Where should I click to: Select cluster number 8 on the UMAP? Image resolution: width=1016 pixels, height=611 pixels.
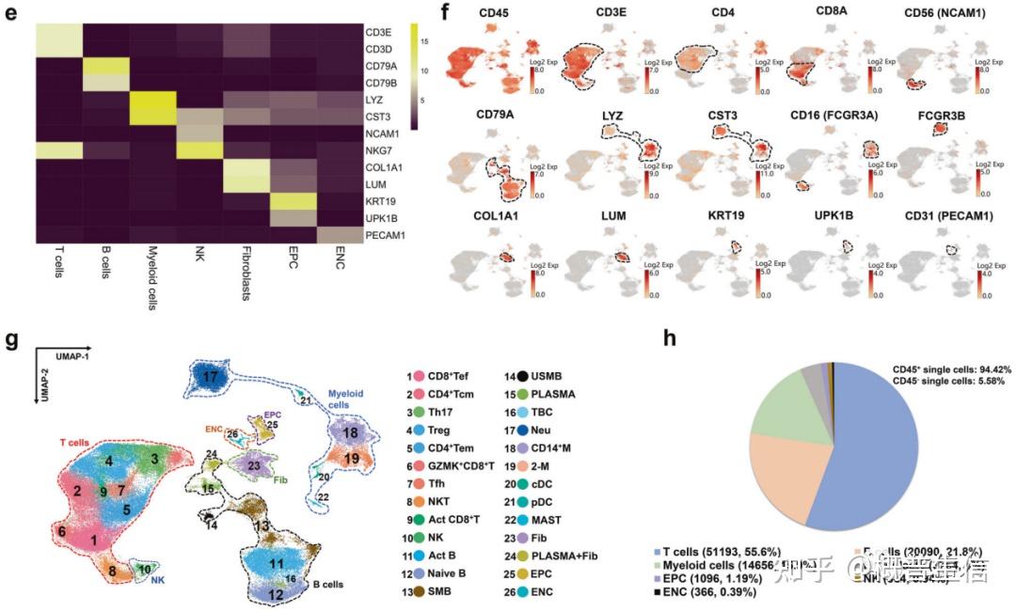pos(111,570)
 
